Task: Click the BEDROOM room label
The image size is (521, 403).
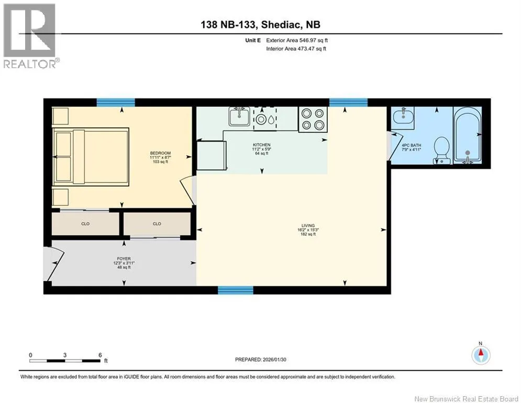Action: pos(160,153)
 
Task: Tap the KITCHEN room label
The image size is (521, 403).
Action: pos(261,145)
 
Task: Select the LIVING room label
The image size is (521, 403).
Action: pos(308,226)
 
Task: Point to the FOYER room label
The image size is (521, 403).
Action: pos(124,259)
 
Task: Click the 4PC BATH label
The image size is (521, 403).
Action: pos(412,145)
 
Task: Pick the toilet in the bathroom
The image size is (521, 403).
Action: pos(442,150)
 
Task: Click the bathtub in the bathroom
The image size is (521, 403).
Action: pos(468,135)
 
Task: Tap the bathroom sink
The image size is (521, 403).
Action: pos(403,117)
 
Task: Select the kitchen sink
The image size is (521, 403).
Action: pos(239,116)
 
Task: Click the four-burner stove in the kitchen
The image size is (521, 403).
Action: pos(313,119)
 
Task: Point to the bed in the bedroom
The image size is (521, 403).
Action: pos(91,156)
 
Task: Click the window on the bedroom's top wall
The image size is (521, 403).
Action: pos(116,102)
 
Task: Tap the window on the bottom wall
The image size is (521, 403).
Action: pos(236,290)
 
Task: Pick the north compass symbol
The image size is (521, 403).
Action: pos(481,355)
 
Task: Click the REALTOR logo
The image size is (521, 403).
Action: pos(30,36)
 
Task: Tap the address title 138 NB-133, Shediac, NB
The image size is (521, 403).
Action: pos(261,25)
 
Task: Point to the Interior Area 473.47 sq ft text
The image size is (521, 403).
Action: pos(296,49)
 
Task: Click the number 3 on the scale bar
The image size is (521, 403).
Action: pos(65,355)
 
